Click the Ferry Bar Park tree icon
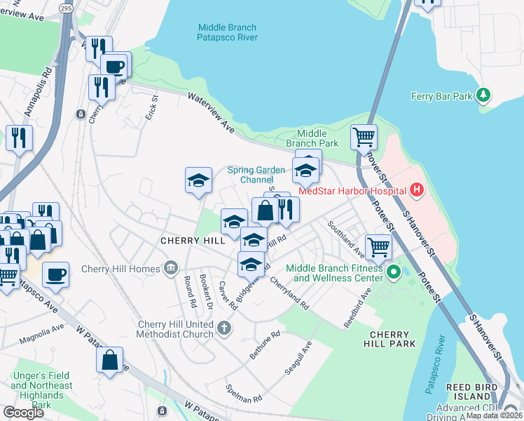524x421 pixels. click(x=482, y=95)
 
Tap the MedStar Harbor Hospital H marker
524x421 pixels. click(x=418, y=189)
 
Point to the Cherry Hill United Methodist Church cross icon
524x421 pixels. click(x=223, y=328)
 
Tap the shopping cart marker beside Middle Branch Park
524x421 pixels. click(x=364, y=138)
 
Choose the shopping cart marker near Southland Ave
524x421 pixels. click(x=378, y=247)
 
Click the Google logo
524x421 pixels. click(x=23, y=413)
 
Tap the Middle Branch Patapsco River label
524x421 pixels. click(x=228, y=32)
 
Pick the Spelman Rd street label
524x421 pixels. click(x=243, y=393)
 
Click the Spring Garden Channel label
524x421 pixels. click(x=256, y=175)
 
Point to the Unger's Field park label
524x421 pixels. click(x=41, y=385)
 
